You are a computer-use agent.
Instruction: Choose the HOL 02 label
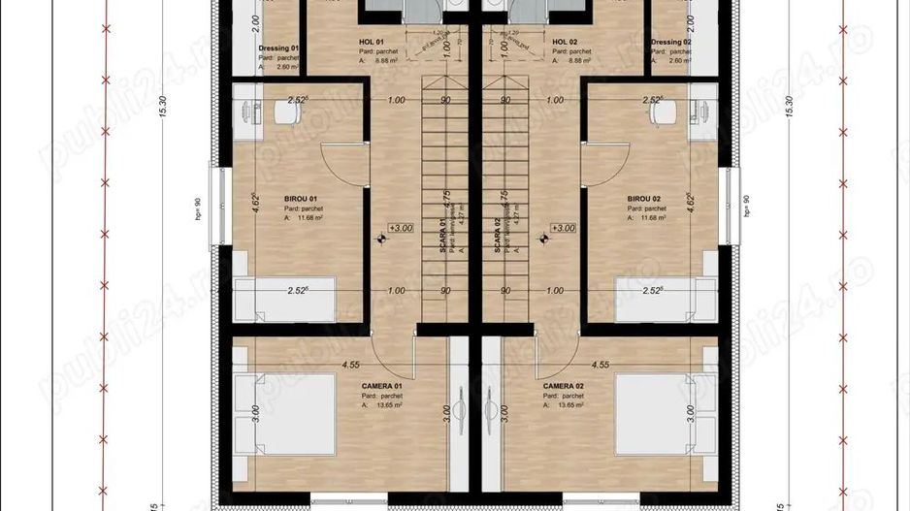tap(565, 43)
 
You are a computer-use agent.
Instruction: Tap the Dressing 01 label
tap(278, 48)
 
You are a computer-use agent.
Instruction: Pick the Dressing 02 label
tap(671, 43)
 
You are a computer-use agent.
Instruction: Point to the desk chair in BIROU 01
tap(287, 112)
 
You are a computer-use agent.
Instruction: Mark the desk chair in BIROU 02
tap(662, 112)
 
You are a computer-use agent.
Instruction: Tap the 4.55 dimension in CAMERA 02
tap(600, 365)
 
